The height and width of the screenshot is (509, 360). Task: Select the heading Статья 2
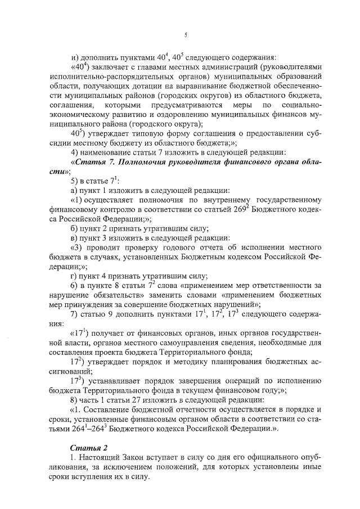point(87,447)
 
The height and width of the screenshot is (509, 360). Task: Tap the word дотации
point(159,87)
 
